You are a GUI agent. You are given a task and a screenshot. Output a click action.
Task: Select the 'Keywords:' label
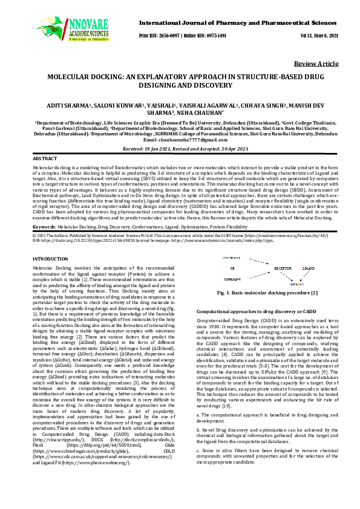(45, 225)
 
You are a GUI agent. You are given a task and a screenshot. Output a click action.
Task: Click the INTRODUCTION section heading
(50, 259)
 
